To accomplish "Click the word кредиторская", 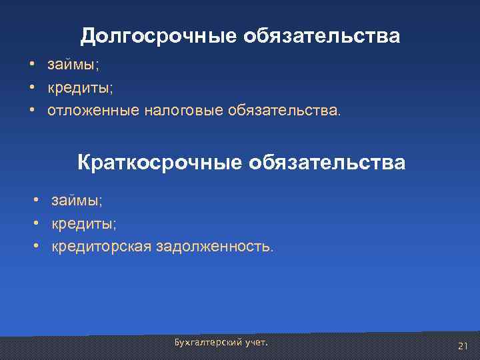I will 102,247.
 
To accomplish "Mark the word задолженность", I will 214,247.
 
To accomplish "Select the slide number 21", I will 463,345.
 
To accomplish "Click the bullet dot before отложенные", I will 31,109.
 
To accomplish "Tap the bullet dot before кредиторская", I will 38,246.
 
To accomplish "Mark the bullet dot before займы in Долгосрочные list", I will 31,65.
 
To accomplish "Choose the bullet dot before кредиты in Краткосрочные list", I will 38,223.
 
